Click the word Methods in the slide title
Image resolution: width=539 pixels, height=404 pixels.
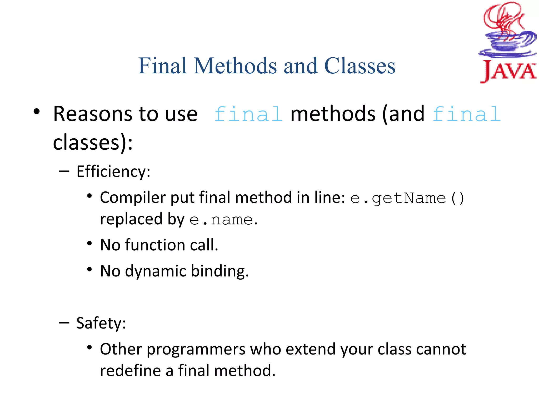[235, 66]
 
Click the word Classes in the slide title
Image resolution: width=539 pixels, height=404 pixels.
[360, 66]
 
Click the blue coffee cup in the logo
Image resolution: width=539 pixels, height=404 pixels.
[507, 43]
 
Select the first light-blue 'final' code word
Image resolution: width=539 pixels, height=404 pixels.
[248, 114]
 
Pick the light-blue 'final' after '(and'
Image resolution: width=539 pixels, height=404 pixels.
[466, 114]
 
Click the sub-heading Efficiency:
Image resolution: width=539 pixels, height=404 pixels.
[113, 171]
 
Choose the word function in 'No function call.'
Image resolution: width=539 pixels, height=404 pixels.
[155, 245]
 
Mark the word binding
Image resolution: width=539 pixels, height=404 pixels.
[219, 271]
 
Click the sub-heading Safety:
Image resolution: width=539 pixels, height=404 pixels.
[101, 323]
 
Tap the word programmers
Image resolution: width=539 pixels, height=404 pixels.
[196, 349]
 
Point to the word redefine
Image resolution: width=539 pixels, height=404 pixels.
[130, 371]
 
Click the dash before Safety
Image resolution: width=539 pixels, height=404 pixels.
[64, 322]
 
